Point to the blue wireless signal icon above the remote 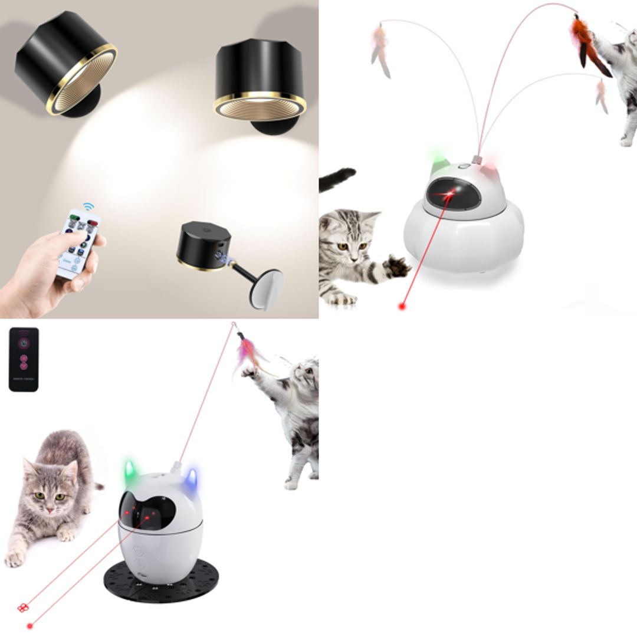88,207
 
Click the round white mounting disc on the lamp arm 264,288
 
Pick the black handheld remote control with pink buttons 24,359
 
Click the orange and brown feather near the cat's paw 587,44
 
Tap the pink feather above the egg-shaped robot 248,354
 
